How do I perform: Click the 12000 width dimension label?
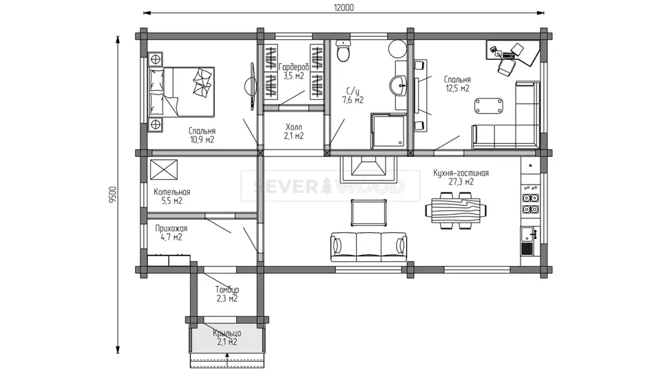(344, 8)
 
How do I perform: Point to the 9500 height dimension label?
(112, 195)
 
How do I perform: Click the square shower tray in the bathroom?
(388, 130)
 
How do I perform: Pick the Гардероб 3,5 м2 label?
(294, 71)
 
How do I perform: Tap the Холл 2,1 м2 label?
(294, 132)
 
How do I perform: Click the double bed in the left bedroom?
(181, 92)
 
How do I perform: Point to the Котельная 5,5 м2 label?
(172, 196)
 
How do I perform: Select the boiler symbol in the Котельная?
(164, 170)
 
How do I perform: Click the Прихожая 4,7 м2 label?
(171, 232)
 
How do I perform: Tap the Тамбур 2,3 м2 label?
(227, 294)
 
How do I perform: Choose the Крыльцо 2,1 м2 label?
(227, 338)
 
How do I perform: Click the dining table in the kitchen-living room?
(456, 210)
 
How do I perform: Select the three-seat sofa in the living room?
(368, 247)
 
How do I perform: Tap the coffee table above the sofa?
(369, 213)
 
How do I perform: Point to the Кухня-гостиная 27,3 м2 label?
(461, 177)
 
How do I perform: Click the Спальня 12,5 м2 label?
(457, 83)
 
